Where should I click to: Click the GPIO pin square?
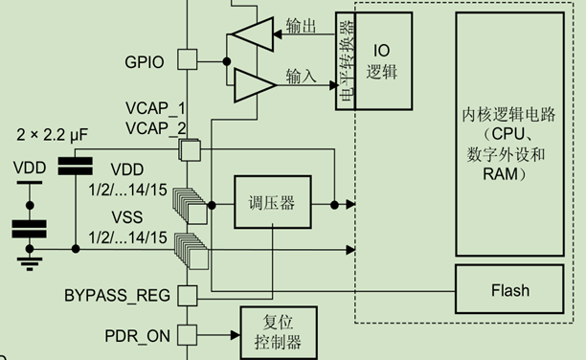coord(189,61)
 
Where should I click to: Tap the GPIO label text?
coord(145,62)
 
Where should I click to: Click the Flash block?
coord(509,289)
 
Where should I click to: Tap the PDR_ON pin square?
coord(189,335)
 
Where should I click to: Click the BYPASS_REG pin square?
coord(189,294)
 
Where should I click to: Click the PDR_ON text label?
coord(137,336)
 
